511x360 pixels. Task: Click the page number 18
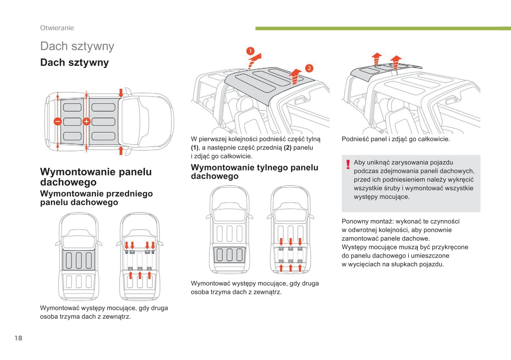coord(18,338)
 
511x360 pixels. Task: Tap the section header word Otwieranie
coord(57,28)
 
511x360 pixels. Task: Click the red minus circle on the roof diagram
coord(58,122)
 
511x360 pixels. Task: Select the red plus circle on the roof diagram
coord(86,122)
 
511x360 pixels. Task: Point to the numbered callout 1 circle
coord(250,51)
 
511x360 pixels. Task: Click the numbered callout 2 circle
coord(309,68)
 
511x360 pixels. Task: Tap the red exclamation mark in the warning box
coord(348,164)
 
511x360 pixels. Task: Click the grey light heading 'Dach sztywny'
coord(77,46)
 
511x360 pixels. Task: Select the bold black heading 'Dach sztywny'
coord(74,63)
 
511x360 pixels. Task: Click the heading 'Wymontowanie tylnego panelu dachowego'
coord(254,172)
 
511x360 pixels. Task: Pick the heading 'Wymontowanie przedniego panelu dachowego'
coord(96,198)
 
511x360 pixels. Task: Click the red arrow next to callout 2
coord(295,76)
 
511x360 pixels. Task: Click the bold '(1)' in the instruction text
coord(194,148)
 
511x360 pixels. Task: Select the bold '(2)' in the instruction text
coord(287,148)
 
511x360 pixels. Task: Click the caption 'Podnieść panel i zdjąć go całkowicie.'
coord(396,139)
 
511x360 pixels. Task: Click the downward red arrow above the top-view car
coord(121,93)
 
